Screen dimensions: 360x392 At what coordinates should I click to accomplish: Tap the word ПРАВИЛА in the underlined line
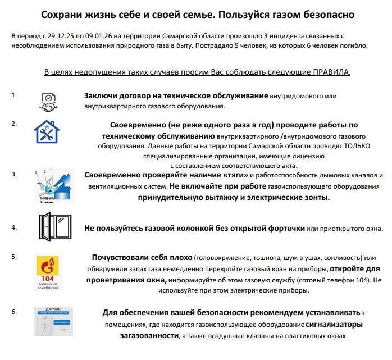coord(331,72)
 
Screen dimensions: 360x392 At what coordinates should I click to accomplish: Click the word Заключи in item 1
coord(101,96)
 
